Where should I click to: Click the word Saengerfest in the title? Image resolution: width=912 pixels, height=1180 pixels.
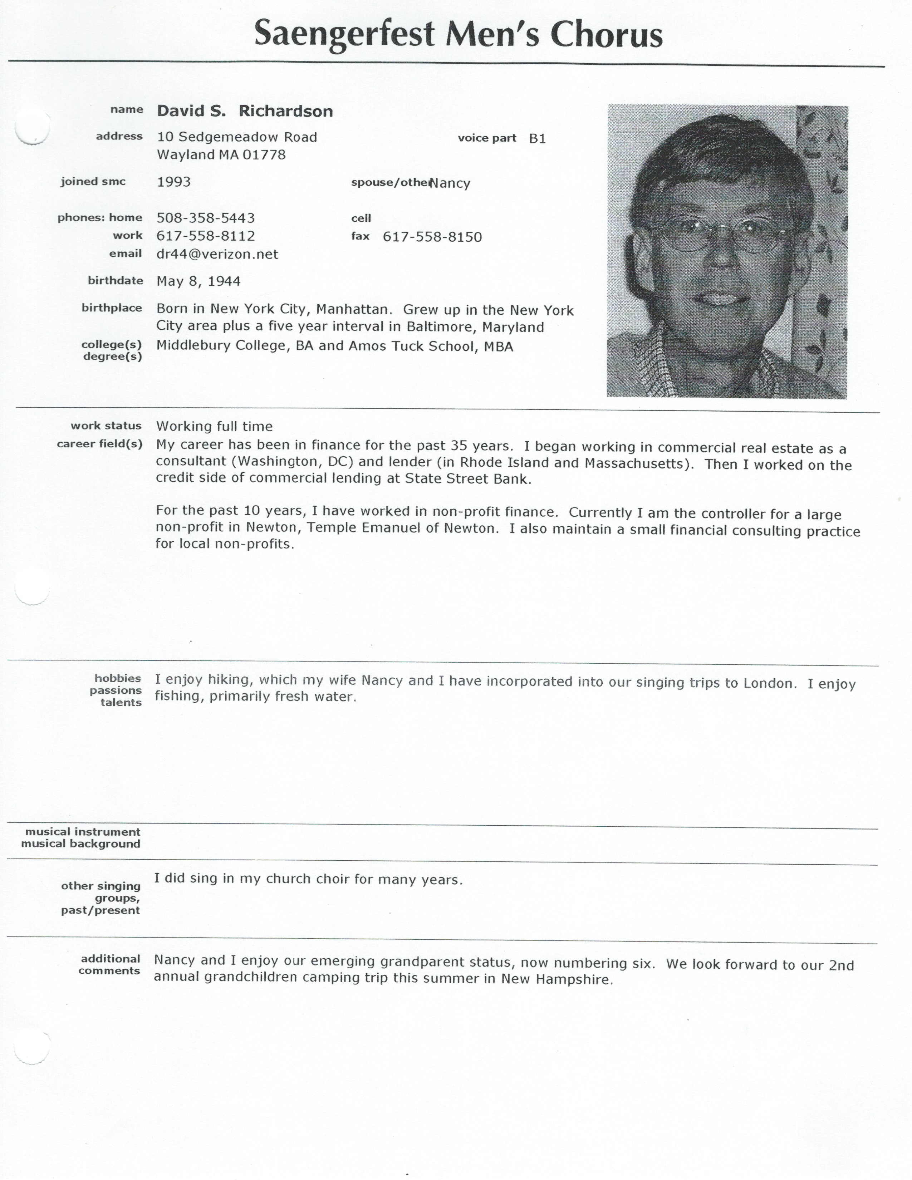344,35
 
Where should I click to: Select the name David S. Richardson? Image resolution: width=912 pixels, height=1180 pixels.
245,111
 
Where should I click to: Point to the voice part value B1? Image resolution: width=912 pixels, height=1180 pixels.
537,139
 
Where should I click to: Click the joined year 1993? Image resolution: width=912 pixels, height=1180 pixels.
173,182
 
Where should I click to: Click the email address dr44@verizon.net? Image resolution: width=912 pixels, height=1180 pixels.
217,255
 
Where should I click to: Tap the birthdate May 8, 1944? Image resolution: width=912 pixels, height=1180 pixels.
198,281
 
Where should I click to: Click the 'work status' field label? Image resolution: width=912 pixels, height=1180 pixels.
106,426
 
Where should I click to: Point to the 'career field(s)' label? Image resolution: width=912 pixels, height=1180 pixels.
99,444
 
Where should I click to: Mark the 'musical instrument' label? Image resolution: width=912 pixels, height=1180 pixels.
83,831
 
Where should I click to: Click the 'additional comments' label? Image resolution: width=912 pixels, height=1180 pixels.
110,964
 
